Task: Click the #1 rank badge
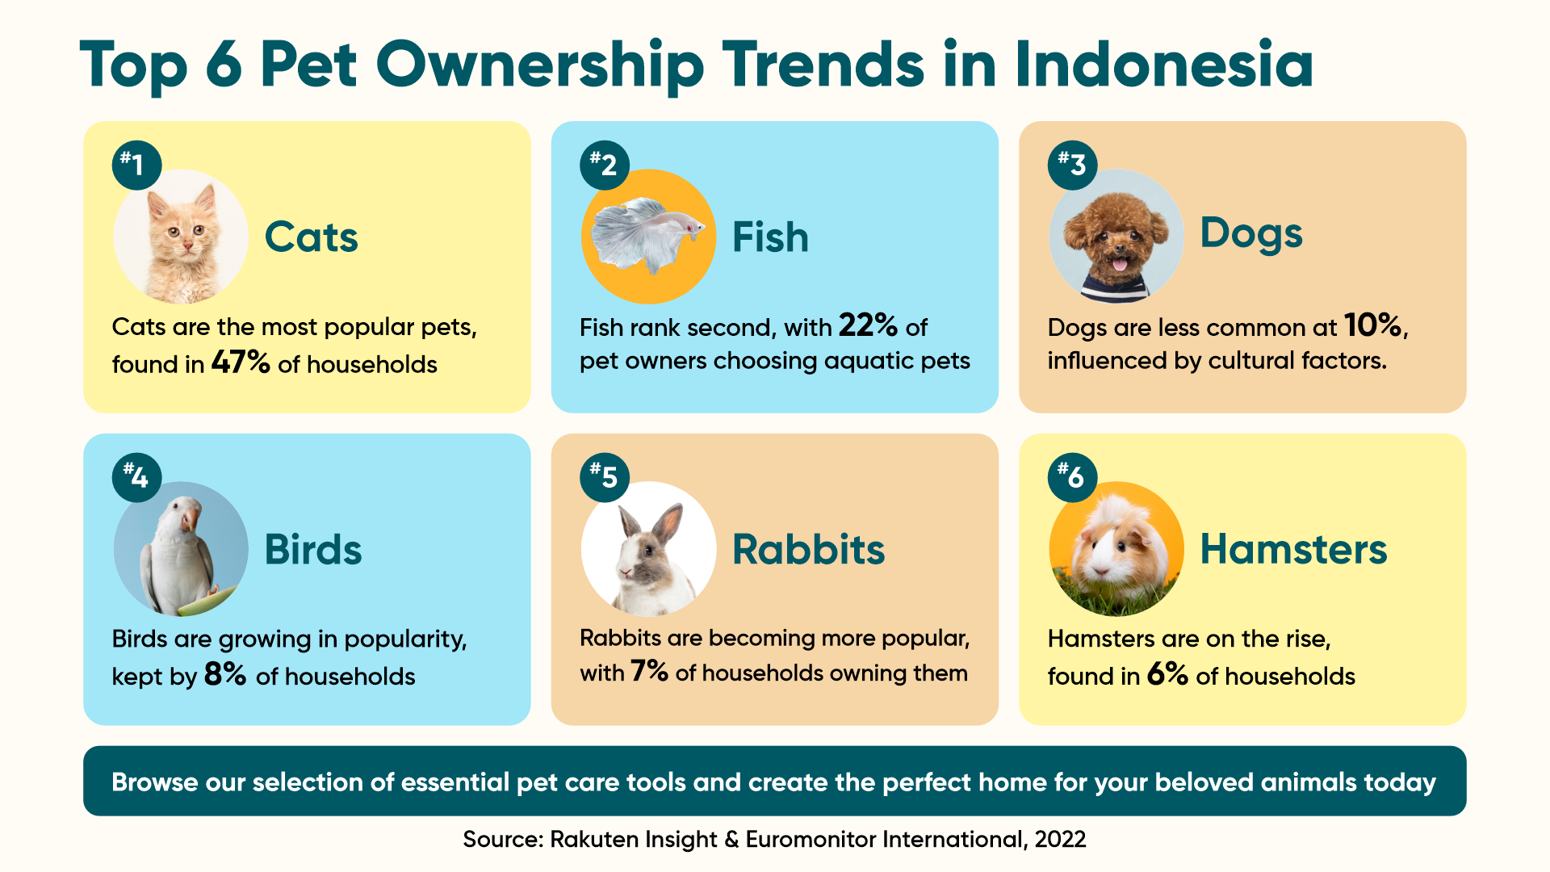click(136, 166)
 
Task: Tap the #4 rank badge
click(136, 477)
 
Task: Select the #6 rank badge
click(1072, 477)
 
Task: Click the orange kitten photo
click(181, 237)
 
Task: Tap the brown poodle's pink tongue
click(1120, 264)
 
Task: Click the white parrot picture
click(181, 549)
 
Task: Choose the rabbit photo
click(648, 549)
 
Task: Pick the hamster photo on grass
click(1116, 549)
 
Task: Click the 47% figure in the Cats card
click(241, 362)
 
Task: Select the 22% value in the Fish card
click(868, 325)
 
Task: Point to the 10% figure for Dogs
click(1372, 325)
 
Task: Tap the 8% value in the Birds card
click(225, 673)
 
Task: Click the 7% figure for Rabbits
click(649, 670)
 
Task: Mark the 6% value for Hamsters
click(1167, 673)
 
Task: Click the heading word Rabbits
click(808, 549)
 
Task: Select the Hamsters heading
click(1293, 549)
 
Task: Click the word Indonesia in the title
click(1163, 64)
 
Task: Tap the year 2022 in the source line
click(1060, 840)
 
